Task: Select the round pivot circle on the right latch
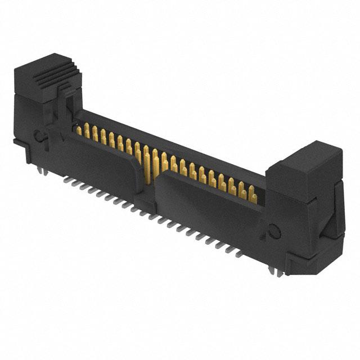coord(274,231)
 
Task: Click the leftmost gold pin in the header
coord(79,130)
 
